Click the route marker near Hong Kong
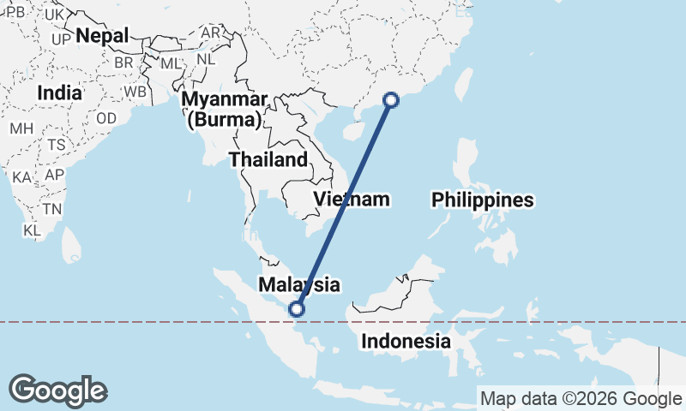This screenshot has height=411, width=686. pyautogui.click(x=391, y=100)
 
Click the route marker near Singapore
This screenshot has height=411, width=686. pyautogui.click(x=298, y=309)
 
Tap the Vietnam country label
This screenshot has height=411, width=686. pyautogui.click(x=352, y=200)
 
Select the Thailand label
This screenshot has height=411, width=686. pyautogui.click(x=268, y=159)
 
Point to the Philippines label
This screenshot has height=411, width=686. pyautogui.click(x=483, y=200)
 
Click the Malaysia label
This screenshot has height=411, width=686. pyautogui.click(x=300, y=284)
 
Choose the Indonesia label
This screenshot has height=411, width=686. pyautogui.click(x=406, y=341)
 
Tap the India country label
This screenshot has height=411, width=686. pyautogui.click(x=60, y=92)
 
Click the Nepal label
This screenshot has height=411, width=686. pyautogui.click(x=102, y=36)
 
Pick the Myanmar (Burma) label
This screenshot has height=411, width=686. pyautogui.click(x=224, y=108)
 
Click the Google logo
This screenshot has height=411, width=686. pyautogui.click(x=57, y=390)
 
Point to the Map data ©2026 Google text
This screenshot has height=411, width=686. pyautogui.click(x=581, y=398)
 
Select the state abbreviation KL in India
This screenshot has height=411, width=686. pyautogui.click(x=33, y=230)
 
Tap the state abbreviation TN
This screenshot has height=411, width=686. pyautogui.click(x=53, y=209)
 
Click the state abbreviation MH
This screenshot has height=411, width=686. pyautogui.click(x=21, y=128)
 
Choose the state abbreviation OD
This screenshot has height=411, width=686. pyautogui.click(x=107, y=118)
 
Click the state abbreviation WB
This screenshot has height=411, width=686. pyautogui.click(x=135, y=91)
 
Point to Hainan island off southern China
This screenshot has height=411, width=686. pyautogui.click(x=351, y=132)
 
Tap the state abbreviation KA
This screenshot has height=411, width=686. pyautogui.click(x=22, y=177)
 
